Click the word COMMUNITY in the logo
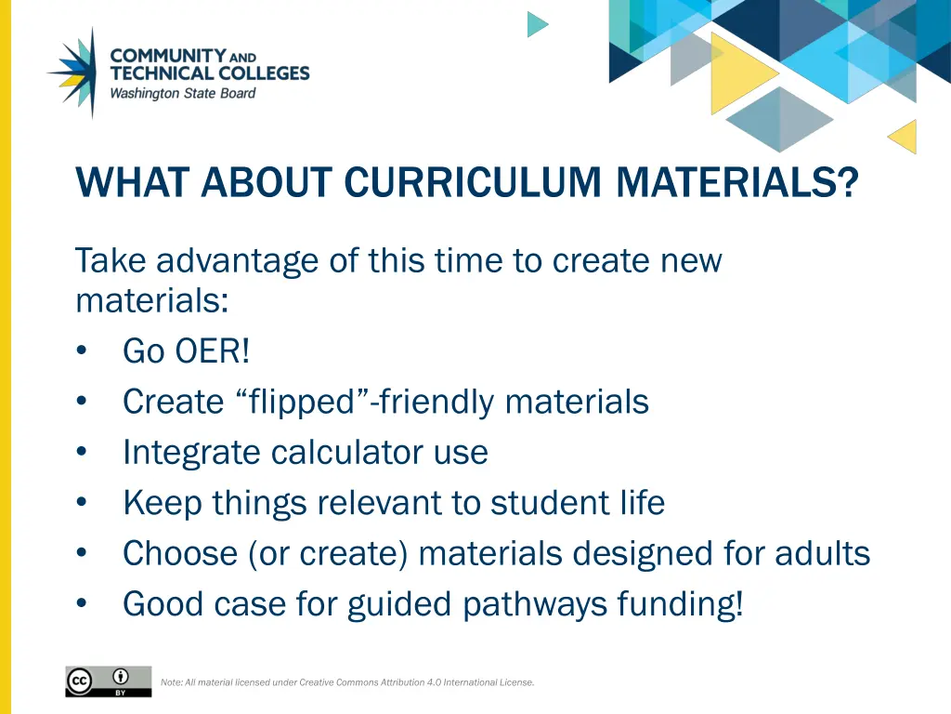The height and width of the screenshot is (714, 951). [168, 56]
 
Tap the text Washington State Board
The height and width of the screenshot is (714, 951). [183, 93]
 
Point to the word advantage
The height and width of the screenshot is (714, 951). [239, 260]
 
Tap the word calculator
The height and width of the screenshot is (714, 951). [348, 452]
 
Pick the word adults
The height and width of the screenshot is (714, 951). [818, 553]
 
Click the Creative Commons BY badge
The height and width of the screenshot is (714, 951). [108, 681]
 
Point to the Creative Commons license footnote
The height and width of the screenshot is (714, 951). [347, 682]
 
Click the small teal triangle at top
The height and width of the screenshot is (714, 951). [537, 24]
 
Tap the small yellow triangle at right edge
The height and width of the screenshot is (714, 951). [904, 137]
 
